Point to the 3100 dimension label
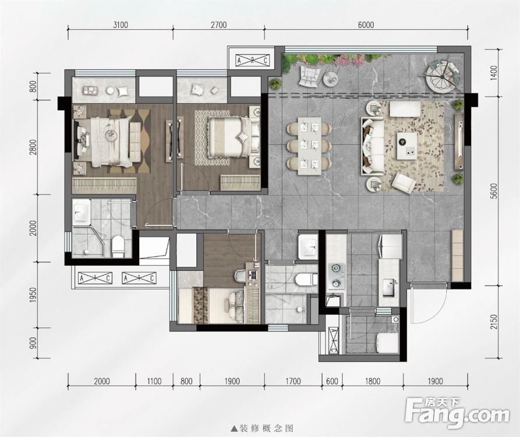tap(120, 24)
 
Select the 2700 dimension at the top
tap(218, 24)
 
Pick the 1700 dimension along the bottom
tap(293, 382)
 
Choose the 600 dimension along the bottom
tap(332, 382)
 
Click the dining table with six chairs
tap(309, 146)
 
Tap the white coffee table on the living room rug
tap(407, 145)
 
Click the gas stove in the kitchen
tap(335, 276)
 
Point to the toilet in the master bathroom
tap(118, 245)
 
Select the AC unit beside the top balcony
tap(252, 60)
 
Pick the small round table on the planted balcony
tap(330, 77)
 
